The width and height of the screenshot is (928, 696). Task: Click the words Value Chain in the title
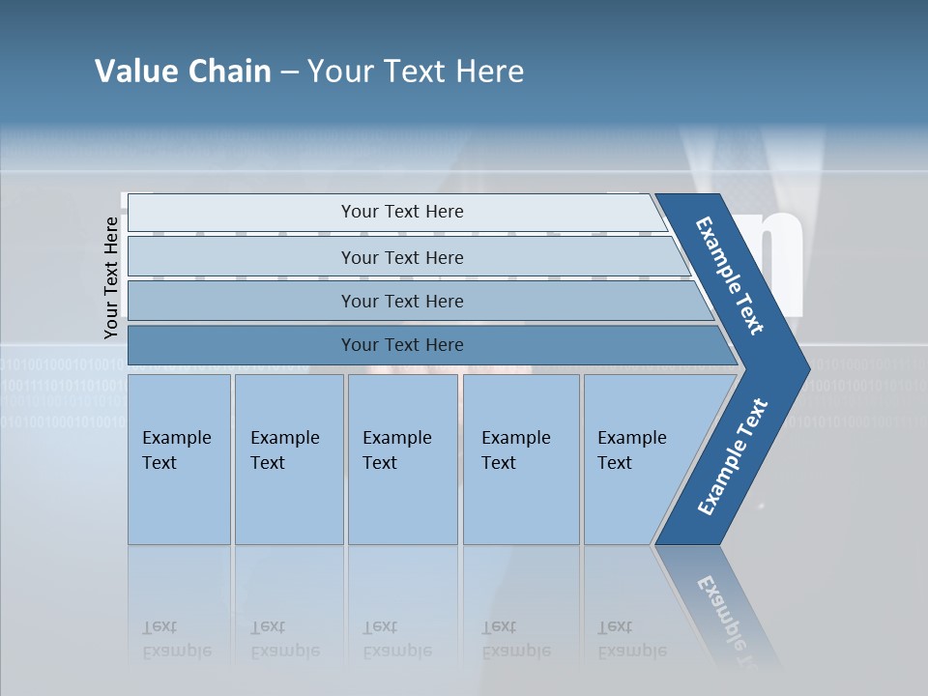point(183,72)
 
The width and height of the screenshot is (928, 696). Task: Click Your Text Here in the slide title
point(416,72)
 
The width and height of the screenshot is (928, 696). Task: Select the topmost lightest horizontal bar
point(401,212)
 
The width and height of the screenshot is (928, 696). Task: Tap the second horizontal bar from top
point(401,257)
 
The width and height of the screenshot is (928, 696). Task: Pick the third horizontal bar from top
point(401,301)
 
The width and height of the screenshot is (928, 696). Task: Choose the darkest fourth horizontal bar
point(401,345)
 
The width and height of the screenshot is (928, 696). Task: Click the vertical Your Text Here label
point(111,277)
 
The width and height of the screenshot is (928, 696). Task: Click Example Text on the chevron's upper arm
point(730,275)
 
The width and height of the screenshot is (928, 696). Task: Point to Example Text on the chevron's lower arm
point(733,457)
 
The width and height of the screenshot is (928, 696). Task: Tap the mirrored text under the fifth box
point(631,639)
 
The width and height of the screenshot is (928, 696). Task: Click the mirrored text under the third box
point(396,639)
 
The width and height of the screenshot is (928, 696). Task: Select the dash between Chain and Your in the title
point(289,72)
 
